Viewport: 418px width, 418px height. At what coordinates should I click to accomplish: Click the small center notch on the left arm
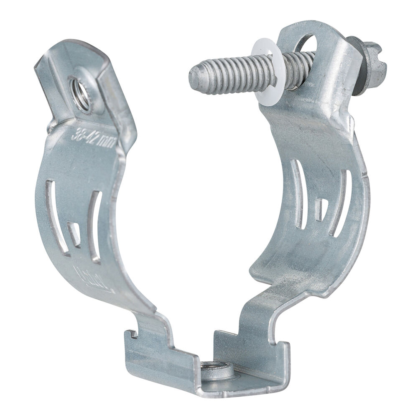(x=75, y=234)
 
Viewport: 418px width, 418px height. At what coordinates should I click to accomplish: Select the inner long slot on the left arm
(x=95, y=226)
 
